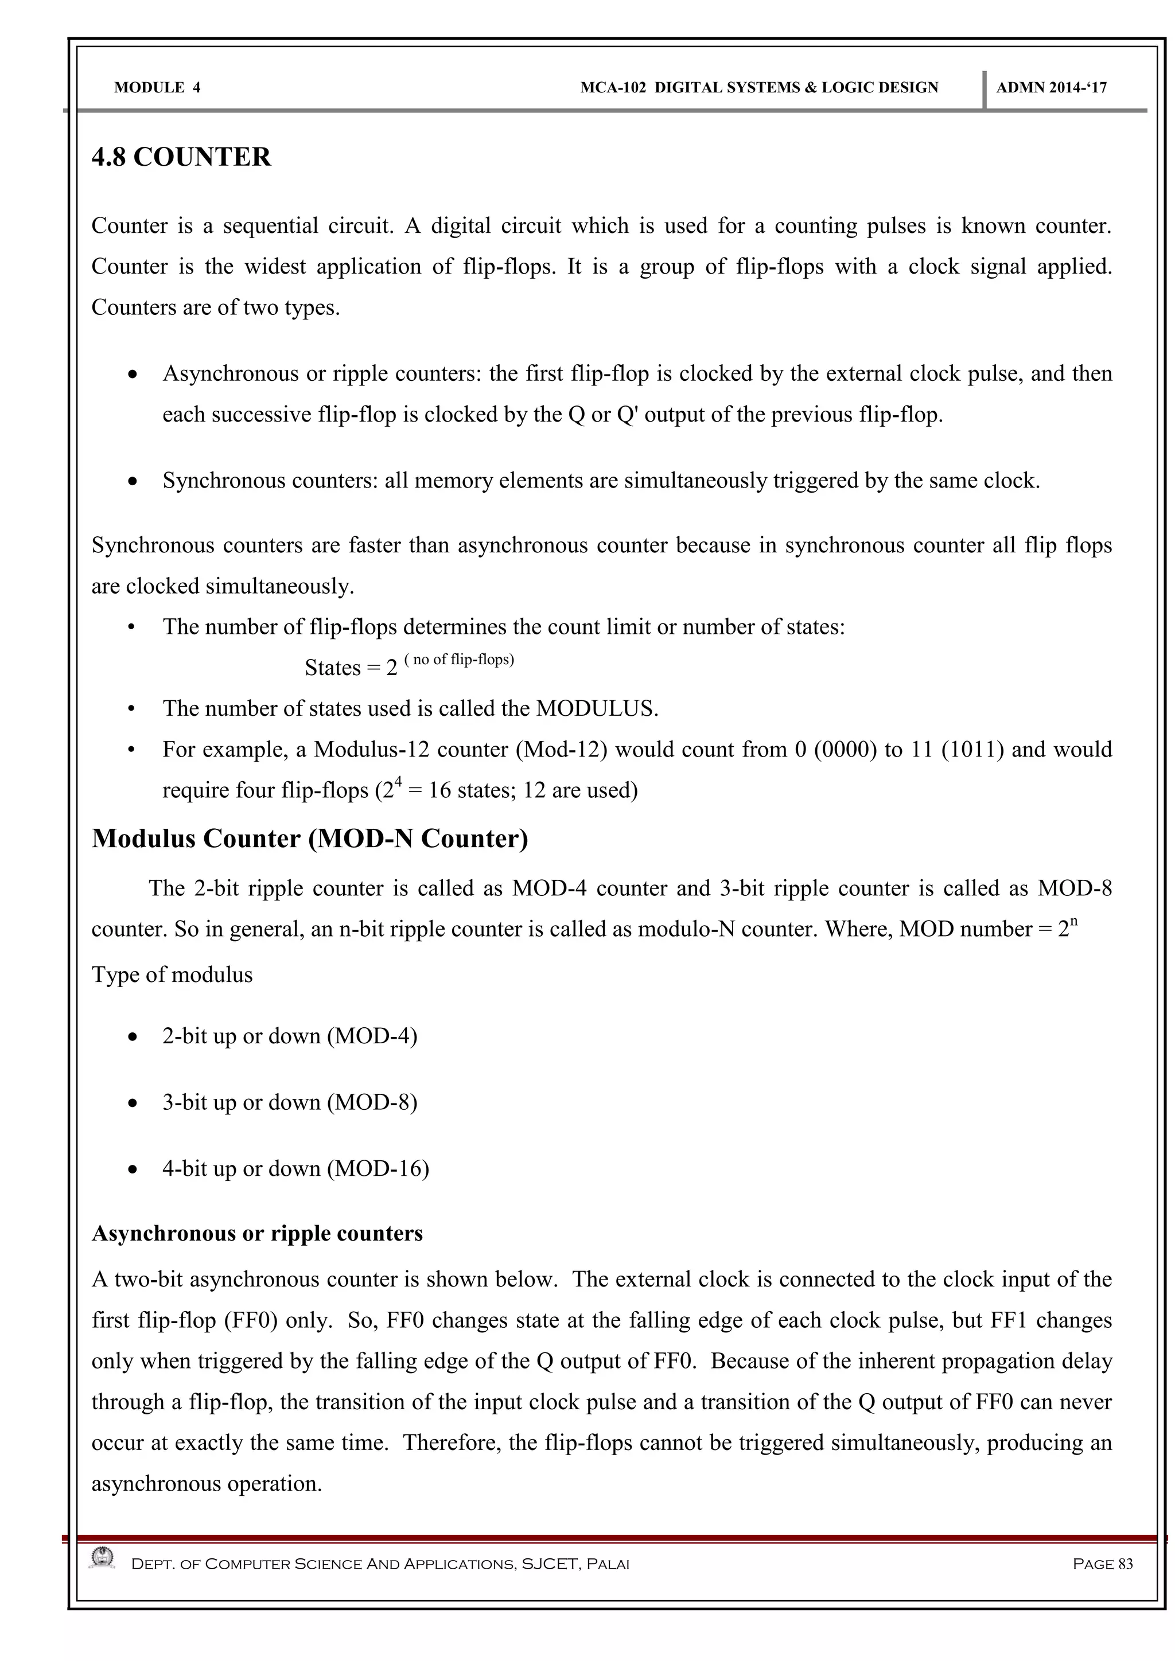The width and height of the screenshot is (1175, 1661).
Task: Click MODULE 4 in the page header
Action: click(157, 88)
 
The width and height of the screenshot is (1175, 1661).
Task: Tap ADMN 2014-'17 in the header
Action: click(1051, 88)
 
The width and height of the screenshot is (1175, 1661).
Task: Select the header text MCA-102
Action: click(612, 88)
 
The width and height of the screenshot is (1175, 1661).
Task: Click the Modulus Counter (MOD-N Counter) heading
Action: click(310, 839)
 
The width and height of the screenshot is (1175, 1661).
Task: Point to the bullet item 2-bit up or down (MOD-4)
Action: click(289, 1036)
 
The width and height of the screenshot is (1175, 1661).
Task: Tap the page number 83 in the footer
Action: click(1125, 1564)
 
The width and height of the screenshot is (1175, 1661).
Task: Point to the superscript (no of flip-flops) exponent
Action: click(460, 659)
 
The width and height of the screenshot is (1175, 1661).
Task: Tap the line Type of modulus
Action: click(172, 974)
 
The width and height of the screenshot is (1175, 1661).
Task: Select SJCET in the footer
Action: click(549, 1564)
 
